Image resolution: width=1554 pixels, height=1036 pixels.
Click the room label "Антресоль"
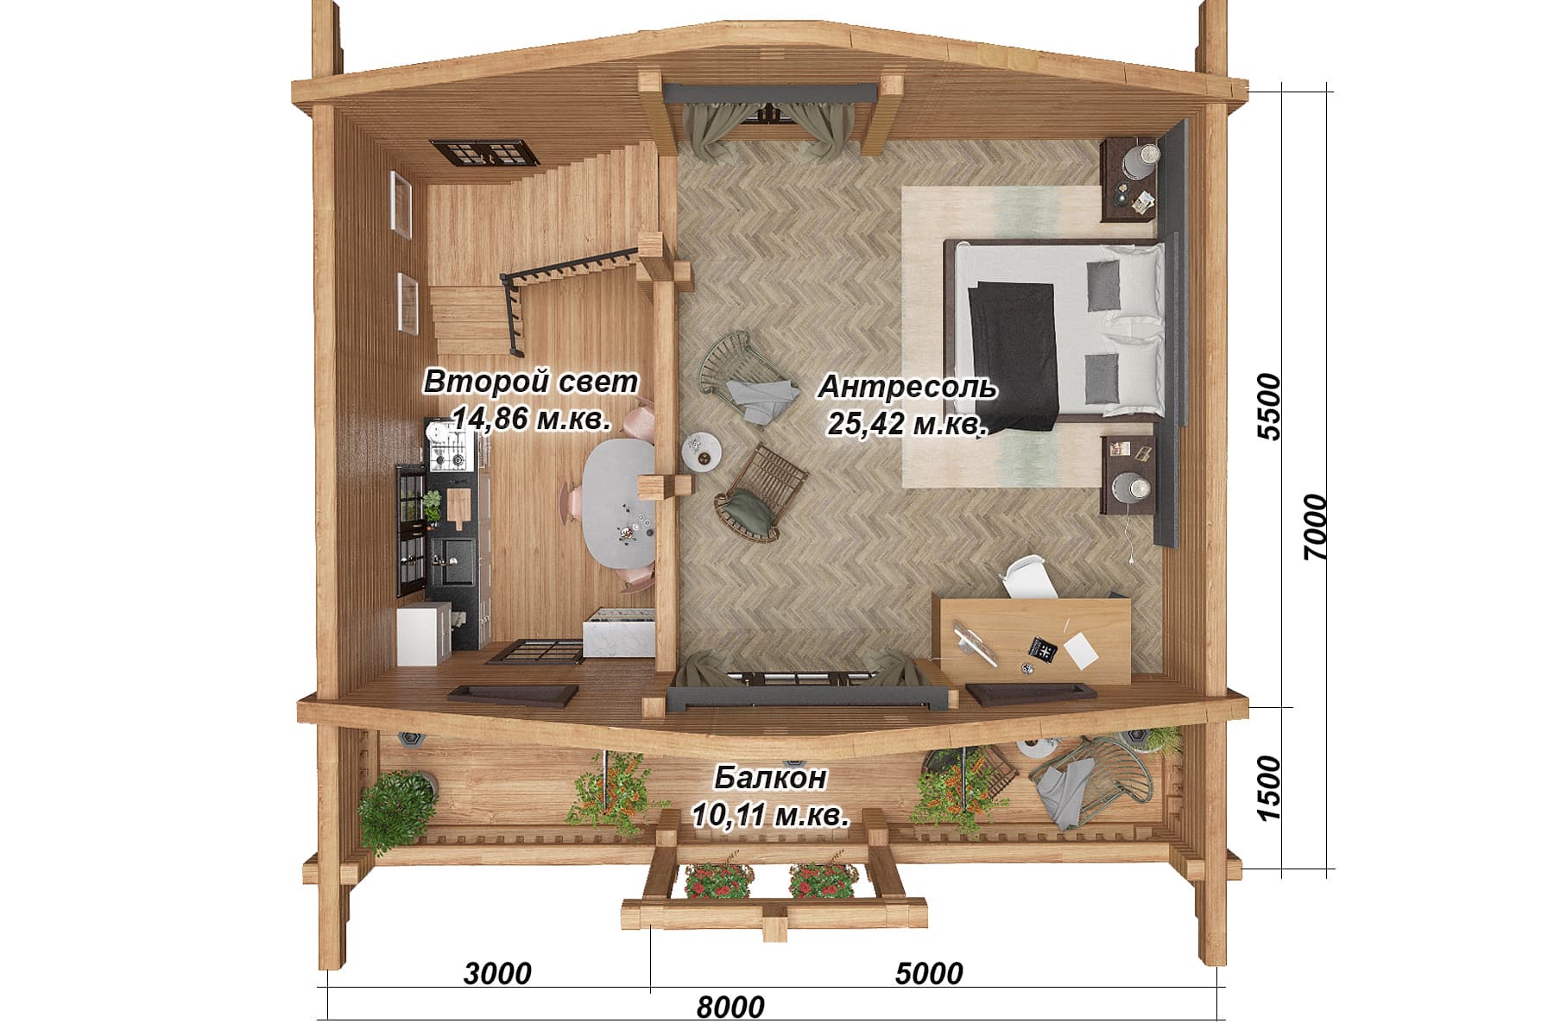[907, 388]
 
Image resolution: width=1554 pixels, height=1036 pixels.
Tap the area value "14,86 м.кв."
[532, 419]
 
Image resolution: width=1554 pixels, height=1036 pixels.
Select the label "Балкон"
[770, 778]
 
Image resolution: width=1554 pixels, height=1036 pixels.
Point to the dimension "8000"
[730, 1007]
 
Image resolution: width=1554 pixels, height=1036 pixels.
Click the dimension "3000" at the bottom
[497, 974]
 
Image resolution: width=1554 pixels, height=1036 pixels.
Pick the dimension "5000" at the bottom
[929, 974]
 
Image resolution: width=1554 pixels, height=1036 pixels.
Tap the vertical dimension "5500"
[1270, 407]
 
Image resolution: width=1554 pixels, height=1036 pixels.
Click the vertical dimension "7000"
[1315, 527]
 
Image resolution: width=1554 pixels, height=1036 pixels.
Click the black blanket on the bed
[1014, 353]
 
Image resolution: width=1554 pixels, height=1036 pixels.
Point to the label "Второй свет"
[531, 382]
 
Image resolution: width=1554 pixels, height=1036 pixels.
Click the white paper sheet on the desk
[1082, 650]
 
